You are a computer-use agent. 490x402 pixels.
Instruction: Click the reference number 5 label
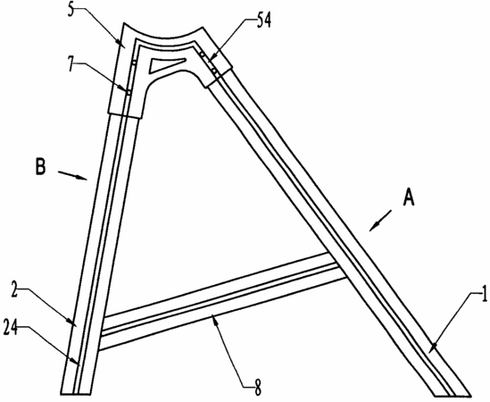pos(71,10)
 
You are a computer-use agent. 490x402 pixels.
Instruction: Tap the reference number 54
pos(264,21)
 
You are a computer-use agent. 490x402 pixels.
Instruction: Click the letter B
pos(40,167)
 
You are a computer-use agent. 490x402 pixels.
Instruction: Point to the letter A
pos(409,197)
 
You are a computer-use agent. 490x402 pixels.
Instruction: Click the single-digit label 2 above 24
pos(13,289)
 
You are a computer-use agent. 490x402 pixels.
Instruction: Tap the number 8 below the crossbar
pos(257,388)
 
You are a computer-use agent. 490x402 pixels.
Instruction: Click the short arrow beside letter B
pos(72,175)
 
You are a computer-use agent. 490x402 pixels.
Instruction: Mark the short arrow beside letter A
pos(380,221)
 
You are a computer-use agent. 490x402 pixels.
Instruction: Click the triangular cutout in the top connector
pos(165,64)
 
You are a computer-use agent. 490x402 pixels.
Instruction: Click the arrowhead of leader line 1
pos(434,347)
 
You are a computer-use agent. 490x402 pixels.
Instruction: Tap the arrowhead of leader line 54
pos(210,61)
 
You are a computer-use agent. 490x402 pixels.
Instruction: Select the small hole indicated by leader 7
pos(129,92)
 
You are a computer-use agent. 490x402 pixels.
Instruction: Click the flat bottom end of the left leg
pos(76,394)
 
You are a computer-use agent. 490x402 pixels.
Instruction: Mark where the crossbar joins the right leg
pos(336,265)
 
